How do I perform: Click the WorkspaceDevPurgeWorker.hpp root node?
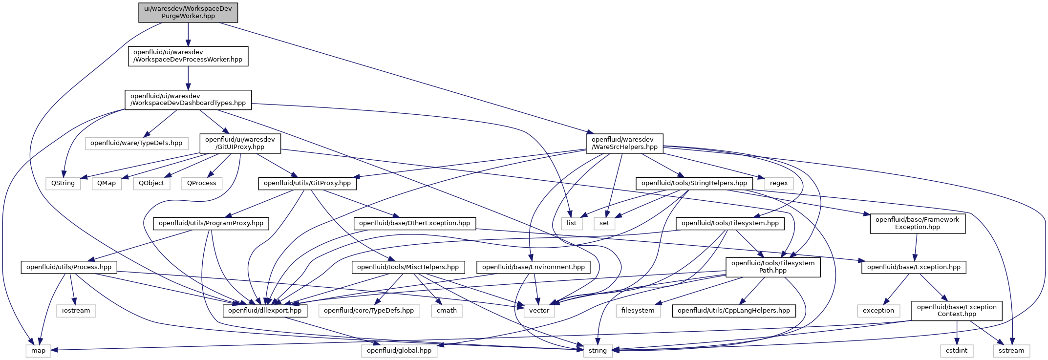click(188, 12)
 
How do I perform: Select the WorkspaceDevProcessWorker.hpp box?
click(188, 56)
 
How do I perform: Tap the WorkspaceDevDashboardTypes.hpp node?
click(188, 100)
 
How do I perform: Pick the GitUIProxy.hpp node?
click(240, 143)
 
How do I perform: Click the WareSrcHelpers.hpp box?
click(624, 143)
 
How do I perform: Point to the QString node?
click(63, 183)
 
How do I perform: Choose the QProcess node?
click(202, 183)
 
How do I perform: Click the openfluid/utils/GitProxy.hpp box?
click(307, 183)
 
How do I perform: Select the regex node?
click(779, 183)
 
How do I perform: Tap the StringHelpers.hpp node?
click(694, 183)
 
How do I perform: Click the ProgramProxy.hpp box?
click(211, 223)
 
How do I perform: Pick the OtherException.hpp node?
click(414, 223)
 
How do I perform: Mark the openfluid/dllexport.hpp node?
click(265, 311)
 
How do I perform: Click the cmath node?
click(447, 311)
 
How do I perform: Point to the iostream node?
click(76, 311)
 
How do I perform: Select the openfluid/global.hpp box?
click(399, 351)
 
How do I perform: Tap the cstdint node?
click(957, 351)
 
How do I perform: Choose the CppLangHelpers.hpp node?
click(734, 311)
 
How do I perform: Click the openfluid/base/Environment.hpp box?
click(534, 267)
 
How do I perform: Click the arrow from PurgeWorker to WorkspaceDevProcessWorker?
click(188, 34)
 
